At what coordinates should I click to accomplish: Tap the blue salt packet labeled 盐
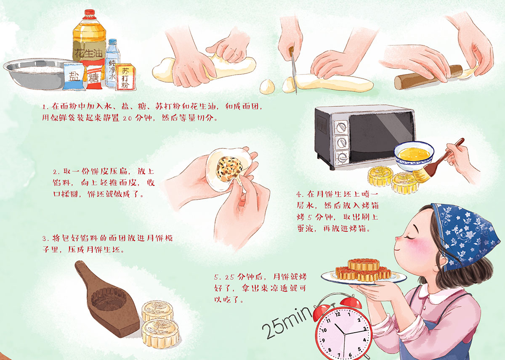point(74,76)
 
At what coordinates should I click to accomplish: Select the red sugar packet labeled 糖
point(94,77)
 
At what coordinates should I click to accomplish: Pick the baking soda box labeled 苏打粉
point(125,77)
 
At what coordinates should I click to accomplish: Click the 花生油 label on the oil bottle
point(88,53)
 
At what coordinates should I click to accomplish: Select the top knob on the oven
point(341,127)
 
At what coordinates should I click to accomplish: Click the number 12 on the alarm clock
point(338,314)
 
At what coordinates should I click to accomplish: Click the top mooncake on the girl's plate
point(364,265)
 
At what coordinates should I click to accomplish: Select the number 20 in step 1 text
point(127,119)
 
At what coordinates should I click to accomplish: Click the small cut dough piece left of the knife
point(267,87)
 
